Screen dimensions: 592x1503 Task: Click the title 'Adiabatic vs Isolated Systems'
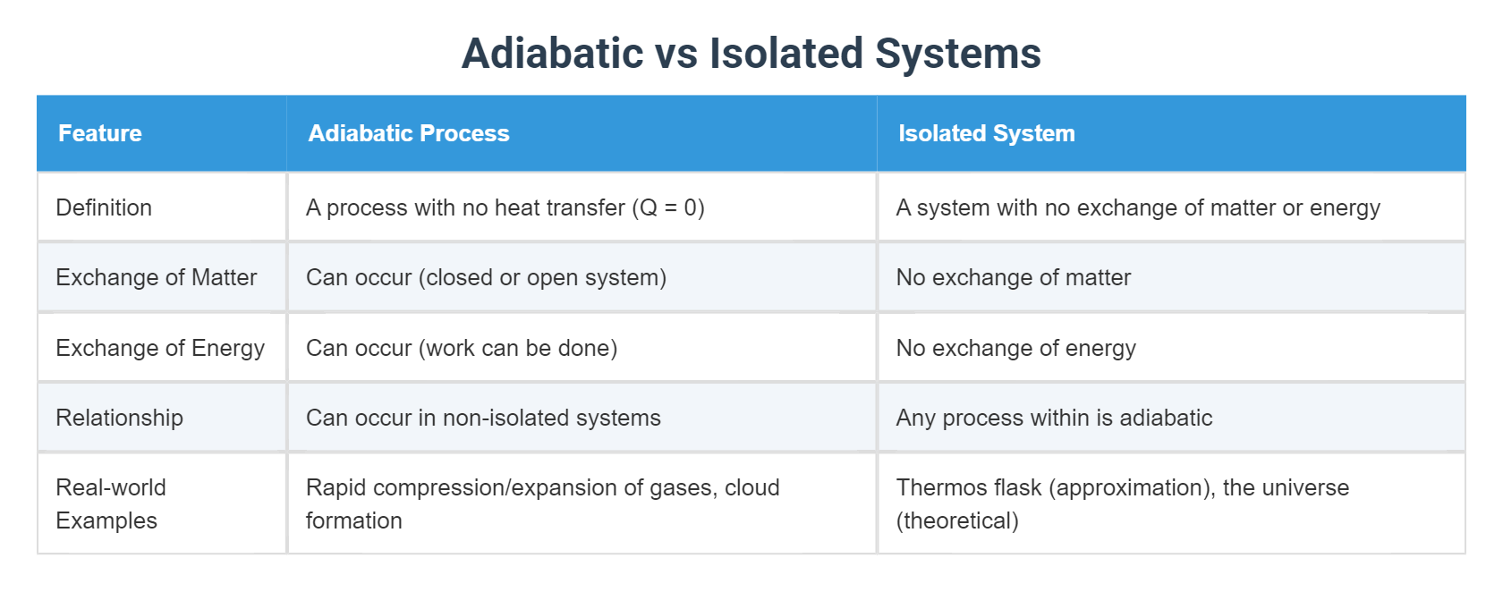[751, 53]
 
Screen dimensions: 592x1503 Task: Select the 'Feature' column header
[100, 133]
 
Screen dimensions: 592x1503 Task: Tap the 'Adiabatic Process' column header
[409, 133]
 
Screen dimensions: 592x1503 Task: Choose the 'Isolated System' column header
[986, 133]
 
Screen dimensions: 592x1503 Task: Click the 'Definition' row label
[104, 207]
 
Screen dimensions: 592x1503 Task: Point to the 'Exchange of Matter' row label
[156, 277]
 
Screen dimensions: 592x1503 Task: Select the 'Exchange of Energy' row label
[160, 348]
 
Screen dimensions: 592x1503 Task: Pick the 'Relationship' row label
[119, 418]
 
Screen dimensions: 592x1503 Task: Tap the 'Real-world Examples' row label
[110, 503]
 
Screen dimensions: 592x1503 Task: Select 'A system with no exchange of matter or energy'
[1138, 207]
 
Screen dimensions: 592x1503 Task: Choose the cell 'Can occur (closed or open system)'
[486, 277]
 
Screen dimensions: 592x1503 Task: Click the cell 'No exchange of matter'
[1013, 277]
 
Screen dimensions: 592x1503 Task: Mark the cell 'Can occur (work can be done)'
[462, 348]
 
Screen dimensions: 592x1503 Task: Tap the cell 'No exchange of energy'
[1015, 348]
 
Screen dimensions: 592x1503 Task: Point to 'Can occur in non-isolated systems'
[483, 418]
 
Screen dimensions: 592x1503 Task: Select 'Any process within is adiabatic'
[1054, 418]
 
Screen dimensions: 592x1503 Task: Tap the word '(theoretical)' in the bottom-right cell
[957, 520]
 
